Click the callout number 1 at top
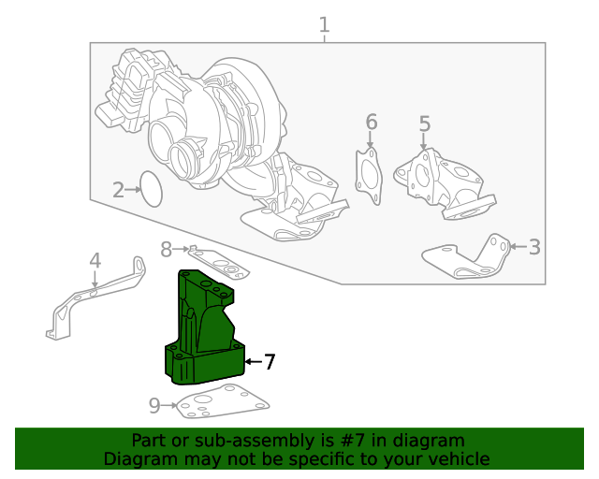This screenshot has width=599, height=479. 324,25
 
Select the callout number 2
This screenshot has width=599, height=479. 119,191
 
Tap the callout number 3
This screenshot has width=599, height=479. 534,247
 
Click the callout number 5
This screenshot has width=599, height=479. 424,124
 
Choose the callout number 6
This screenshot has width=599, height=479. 371,123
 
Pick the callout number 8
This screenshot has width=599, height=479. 166,250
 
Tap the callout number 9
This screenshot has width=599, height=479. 154,405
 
